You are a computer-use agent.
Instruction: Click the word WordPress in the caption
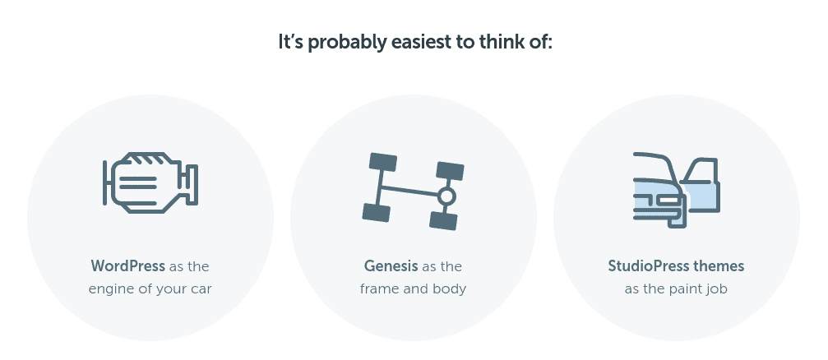tap(127, 266)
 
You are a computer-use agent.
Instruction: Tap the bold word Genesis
tap(391, 266)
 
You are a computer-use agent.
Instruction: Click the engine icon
tap(150, 182)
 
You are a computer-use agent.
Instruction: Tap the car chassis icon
tap(414, 191)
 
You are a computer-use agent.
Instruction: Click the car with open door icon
tap(677, 190)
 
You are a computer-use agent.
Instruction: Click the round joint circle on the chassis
tap(446, 196)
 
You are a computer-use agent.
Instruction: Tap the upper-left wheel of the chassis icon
tap(383, 162)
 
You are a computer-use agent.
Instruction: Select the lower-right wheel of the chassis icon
tap(443, 220)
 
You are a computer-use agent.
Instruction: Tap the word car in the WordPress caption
tap(201, 290)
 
